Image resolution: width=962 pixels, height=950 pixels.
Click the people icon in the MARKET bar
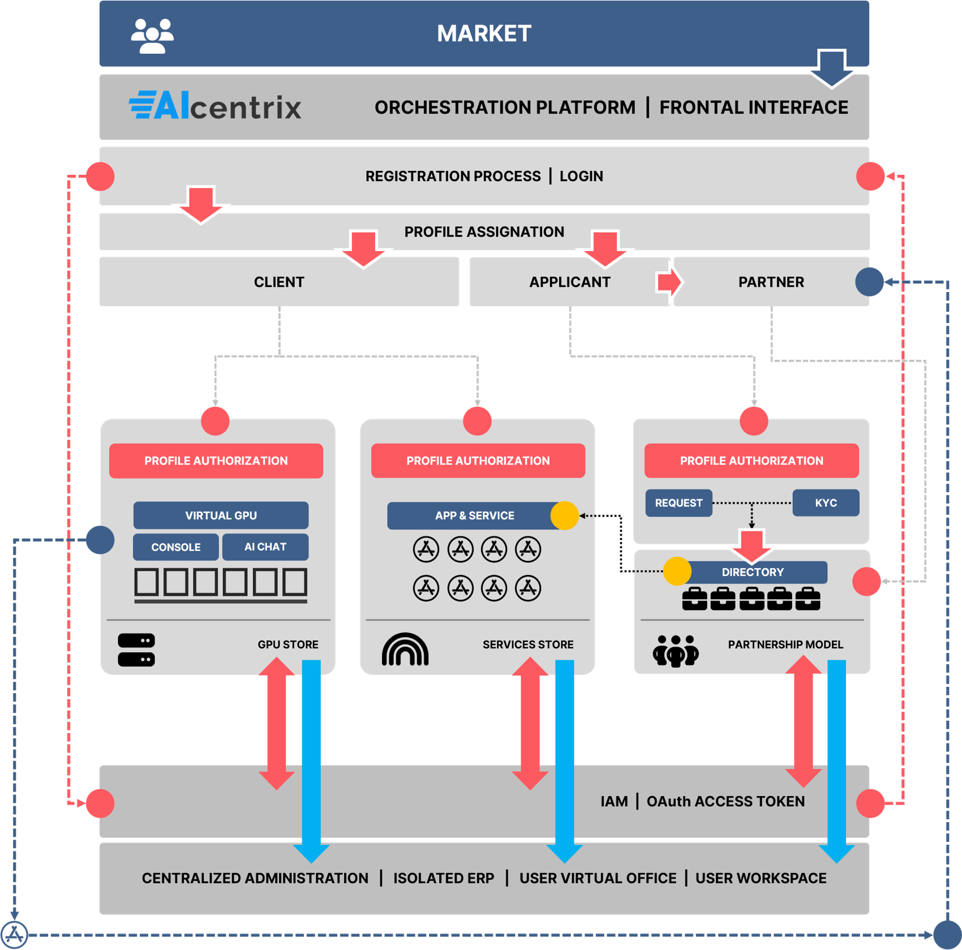coord(152,36)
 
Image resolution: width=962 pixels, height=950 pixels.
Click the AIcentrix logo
coord(215,106)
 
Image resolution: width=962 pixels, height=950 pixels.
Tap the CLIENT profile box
coord(279,282)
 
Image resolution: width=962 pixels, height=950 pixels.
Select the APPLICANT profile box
coord(569,282)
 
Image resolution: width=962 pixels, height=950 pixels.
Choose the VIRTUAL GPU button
coord(221,515)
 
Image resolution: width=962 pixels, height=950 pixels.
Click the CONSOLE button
coord(175,547)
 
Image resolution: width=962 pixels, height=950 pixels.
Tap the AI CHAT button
coord(265,547)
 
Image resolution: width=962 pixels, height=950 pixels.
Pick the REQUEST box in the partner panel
coord(678,503)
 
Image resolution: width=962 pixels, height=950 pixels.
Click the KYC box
coord(826,503)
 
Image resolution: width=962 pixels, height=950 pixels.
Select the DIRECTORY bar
coord(753,572)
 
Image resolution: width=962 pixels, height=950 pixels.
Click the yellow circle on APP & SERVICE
coord(564,515)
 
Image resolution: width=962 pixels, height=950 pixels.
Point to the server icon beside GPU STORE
coord(136,650)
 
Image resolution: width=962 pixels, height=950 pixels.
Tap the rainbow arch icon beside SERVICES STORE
coord(405,649)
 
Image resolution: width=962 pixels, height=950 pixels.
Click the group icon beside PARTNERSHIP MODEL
coord(676,651)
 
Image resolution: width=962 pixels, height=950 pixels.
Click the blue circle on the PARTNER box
coord(869,282)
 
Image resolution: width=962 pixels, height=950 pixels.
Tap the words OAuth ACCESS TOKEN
coord(725,801)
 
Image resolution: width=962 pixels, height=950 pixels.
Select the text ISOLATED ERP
coord(444,878)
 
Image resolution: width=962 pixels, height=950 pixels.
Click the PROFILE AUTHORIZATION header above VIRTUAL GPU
coord(216,461)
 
